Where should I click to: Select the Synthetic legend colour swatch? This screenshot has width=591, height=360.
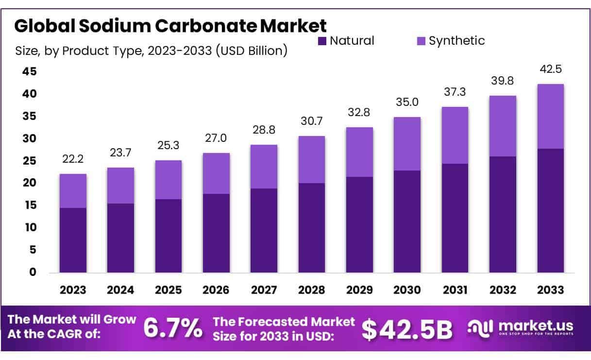422,41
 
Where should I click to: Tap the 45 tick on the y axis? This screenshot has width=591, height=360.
29,71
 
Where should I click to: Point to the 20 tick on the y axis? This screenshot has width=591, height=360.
29,183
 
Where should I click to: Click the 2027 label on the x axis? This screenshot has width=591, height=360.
264,290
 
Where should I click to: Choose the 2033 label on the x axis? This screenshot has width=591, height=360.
550,290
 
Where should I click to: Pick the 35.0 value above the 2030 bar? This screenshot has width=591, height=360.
407,103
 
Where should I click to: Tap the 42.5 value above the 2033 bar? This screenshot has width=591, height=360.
550,69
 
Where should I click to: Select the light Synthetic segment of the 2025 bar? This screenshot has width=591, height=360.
169,180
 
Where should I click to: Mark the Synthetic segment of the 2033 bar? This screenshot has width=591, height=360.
550,117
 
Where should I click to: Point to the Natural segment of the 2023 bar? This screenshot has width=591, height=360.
73,240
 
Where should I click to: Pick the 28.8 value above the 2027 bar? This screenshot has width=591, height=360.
264,130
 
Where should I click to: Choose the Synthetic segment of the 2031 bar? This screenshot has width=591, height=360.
455,136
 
